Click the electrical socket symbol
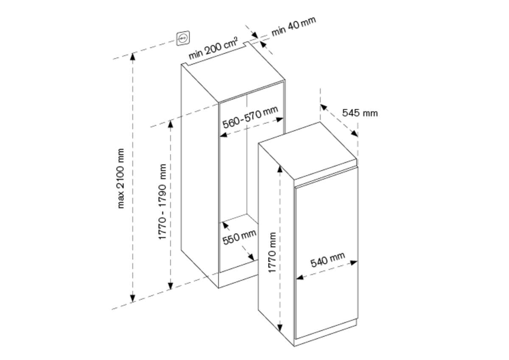coord(183,38)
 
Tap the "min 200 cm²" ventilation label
coord(213,48)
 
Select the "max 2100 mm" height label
coord(120,178)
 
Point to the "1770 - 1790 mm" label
coord(163,201)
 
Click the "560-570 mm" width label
coord(250,117)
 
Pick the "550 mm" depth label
coord(240,237)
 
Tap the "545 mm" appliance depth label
coord(360,113)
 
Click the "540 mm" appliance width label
coord(327,260)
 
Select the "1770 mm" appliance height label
coord(272,252)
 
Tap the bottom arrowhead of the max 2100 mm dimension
coord(133,298)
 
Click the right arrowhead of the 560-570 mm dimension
coord(280,120)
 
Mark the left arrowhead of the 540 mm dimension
coord(300,277)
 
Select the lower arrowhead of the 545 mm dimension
coord(354,133)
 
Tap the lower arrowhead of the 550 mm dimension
coord(251,257)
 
